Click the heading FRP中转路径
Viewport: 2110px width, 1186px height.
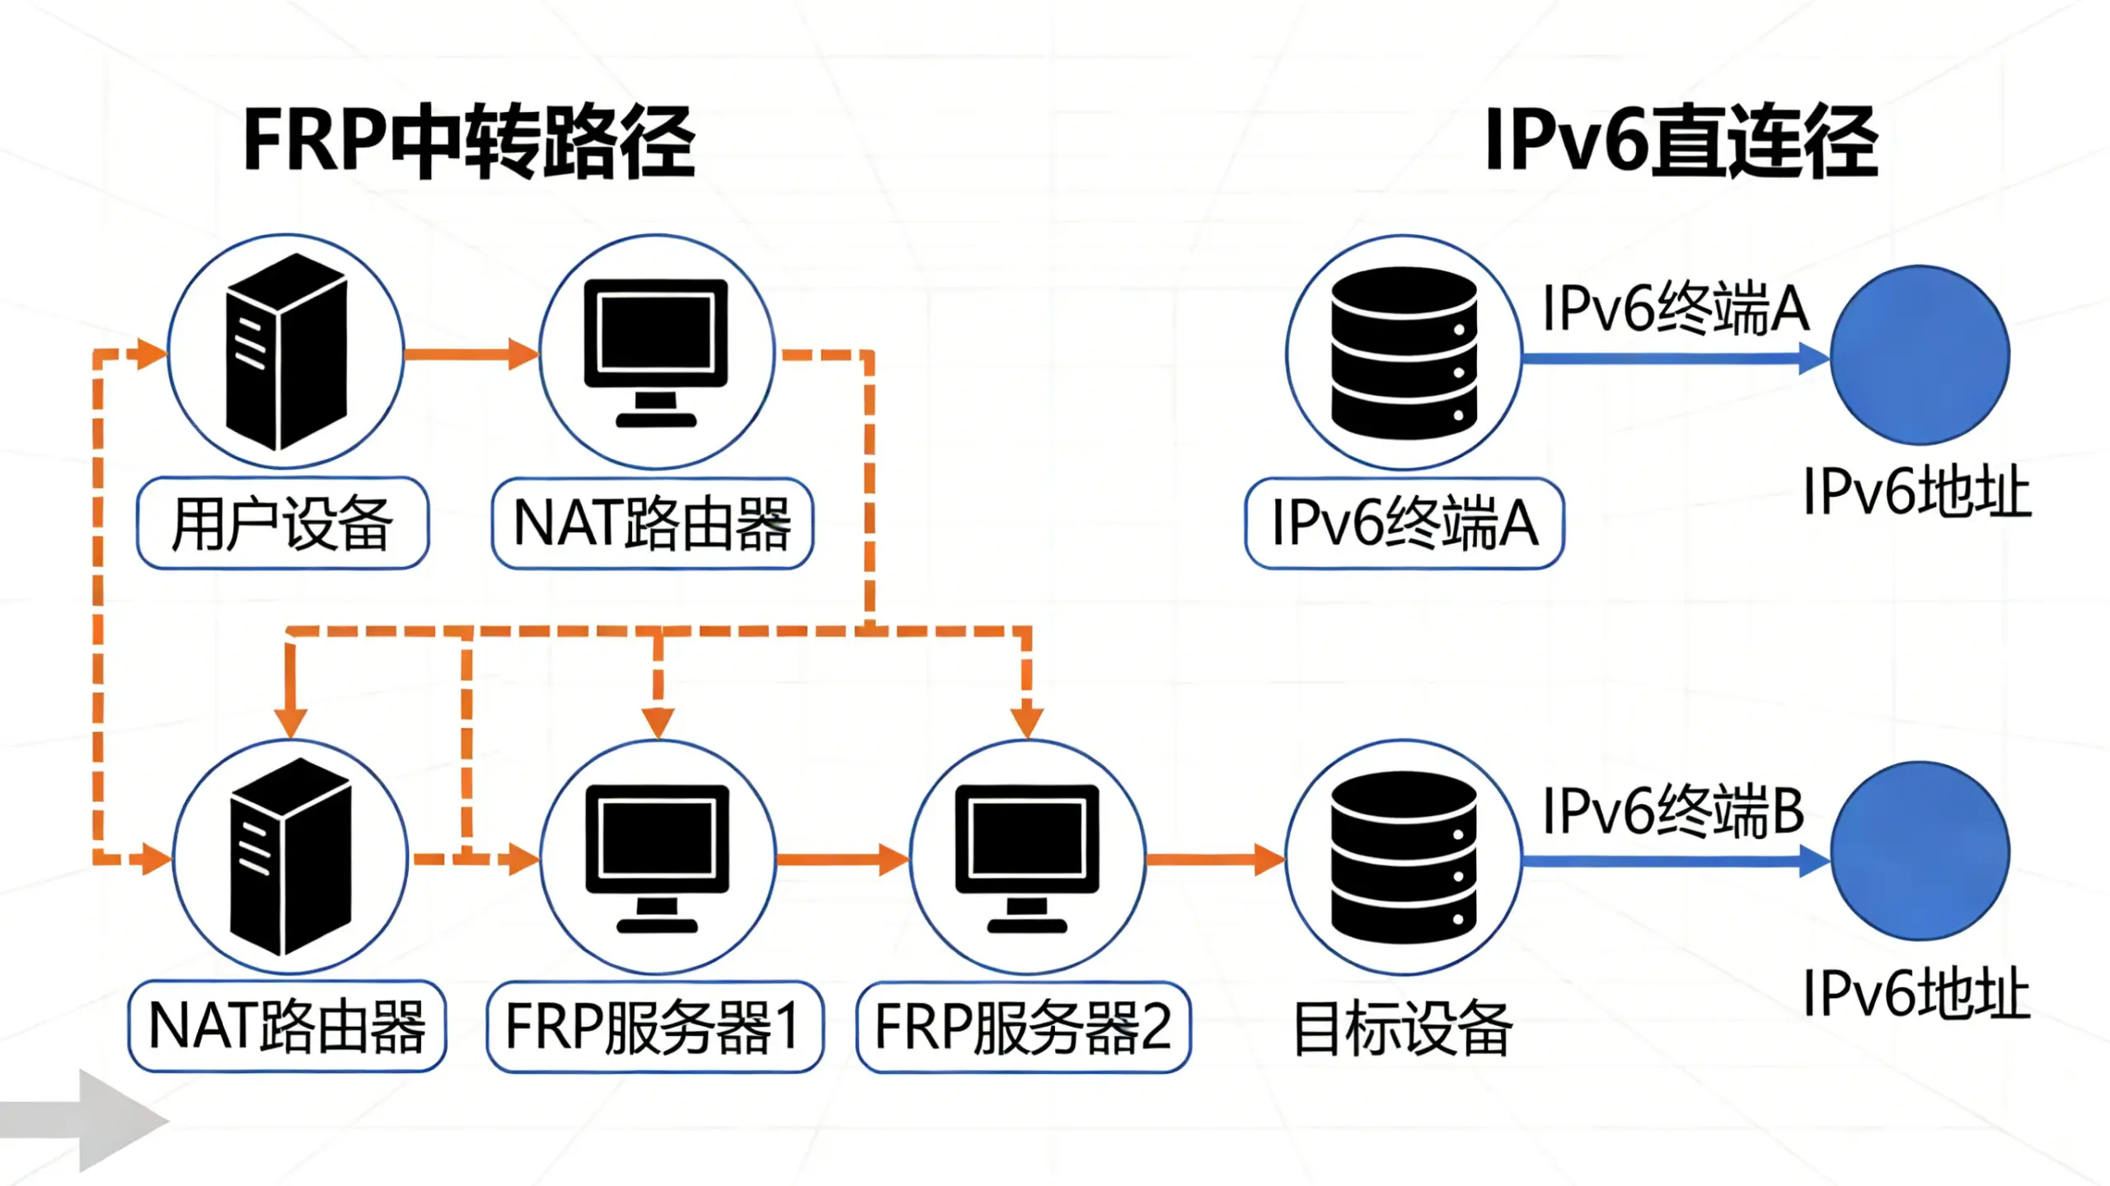coord(470,142)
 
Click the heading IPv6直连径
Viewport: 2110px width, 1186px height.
coord(1681,142)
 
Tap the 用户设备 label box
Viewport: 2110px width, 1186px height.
coord(283,523)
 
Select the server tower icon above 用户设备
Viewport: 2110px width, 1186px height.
coord(286,352)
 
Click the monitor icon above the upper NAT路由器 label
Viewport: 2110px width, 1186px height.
coord(656,352)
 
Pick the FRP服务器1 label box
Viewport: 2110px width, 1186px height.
coord(654,1027)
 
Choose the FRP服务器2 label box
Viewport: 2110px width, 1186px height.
coord(1024,1027)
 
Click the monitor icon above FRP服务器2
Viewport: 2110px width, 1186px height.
coord(1027,857)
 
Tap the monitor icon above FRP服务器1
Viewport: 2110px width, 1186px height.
coord(657,857)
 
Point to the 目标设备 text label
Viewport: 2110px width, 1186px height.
coord(1402,1029)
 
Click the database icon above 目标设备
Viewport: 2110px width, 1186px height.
coord(1404,857)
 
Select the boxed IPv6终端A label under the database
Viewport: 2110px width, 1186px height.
coord(1404,523)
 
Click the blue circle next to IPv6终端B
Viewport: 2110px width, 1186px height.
coord(1920,851)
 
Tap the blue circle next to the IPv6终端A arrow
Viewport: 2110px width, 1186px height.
coord(1920,354)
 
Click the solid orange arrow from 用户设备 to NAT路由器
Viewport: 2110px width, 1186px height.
coord(471,354)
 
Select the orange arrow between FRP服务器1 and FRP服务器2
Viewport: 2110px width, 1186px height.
coord(842,860)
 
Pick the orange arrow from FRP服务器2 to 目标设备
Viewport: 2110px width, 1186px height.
coord(1215,860)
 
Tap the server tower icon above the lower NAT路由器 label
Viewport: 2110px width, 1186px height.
coord(290,857)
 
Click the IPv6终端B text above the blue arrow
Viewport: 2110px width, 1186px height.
coord(1673,812)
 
